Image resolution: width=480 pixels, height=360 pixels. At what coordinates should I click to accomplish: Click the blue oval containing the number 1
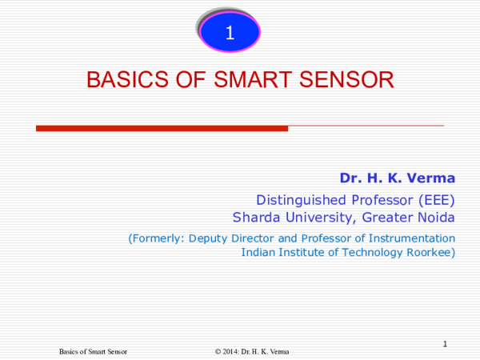click(230, 34)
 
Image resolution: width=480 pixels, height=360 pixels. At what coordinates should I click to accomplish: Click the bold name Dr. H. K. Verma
click(397, 177)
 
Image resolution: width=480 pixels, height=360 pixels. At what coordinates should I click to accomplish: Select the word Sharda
click(255, 217)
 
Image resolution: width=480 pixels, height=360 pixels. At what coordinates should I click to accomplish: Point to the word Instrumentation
click(415, 238)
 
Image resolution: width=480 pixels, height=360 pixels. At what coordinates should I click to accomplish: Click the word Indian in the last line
click(259, 253)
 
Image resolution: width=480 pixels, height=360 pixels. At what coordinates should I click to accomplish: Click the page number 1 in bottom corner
click(446, 344)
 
